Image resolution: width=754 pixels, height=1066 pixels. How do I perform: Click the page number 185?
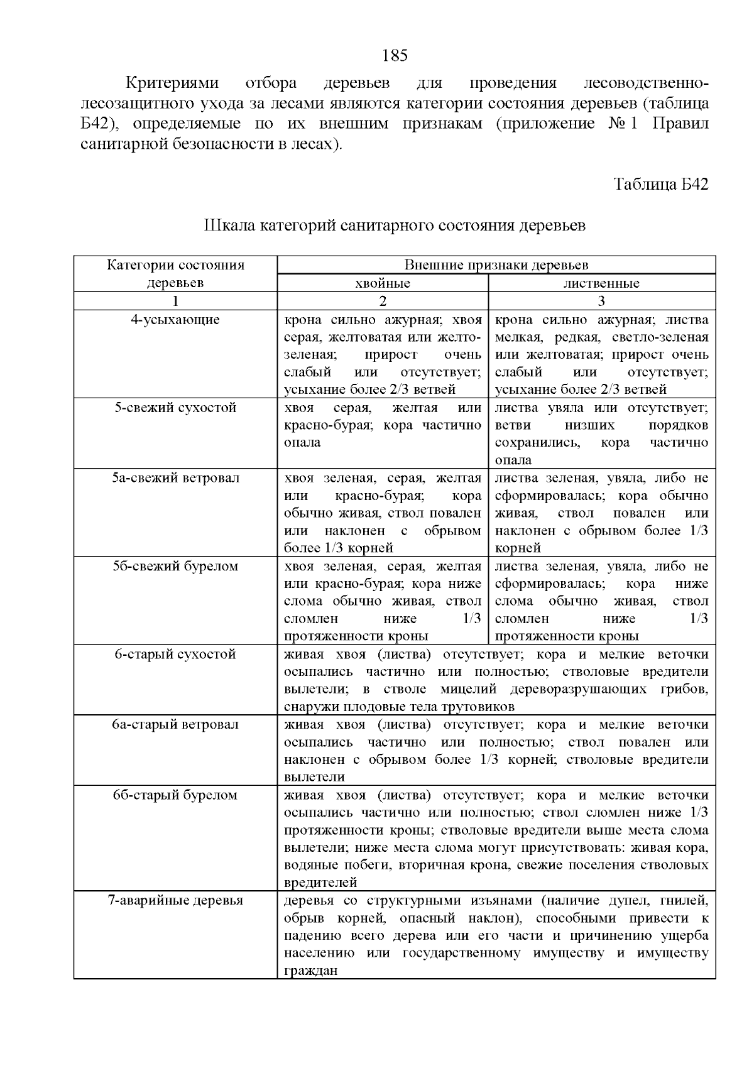click(x=395, y=56)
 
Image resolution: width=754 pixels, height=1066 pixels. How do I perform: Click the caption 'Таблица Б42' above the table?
click(x=661, y=185)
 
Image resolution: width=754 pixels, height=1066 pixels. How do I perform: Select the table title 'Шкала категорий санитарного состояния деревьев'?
click(x=395, y=226)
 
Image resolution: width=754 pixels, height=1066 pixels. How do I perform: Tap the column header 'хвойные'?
click(x=383, y=283)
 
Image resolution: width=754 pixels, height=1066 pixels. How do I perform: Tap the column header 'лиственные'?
click(x=601, y=283)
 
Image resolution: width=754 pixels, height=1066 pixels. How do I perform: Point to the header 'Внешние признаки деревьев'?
click(x=496, y=265)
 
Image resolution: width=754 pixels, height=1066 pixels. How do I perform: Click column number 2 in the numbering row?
click(x=383, y=301)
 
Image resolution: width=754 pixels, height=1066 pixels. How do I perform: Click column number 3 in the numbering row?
click(x=601, y=301)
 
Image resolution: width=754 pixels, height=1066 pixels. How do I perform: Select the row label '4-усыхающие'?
click(x=175, y=320)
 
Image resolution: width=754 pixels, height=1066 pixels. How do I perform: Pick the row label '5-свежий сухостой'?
click(x=175, y=408)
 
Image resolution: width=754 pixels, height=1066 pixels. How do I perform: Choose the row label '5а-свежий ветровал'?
click(x=175, y=478)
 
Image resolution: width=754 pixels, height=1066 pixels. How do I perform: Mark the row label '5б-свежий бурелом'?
click(x=175, y=566)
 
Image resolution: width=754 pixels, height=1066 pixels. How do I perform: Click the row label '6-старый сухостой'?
click(x=175, y=655)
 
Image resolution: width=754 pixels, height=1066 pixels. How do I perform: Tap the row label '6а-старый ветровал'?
click(x=175, y=724)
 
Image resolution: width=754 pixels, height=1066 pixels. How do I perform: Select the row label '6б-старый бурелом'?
click(x=175, y=795)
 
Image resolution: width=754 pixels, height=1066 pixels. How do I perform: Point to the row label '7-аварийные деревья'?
click(x=175, y=901)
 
